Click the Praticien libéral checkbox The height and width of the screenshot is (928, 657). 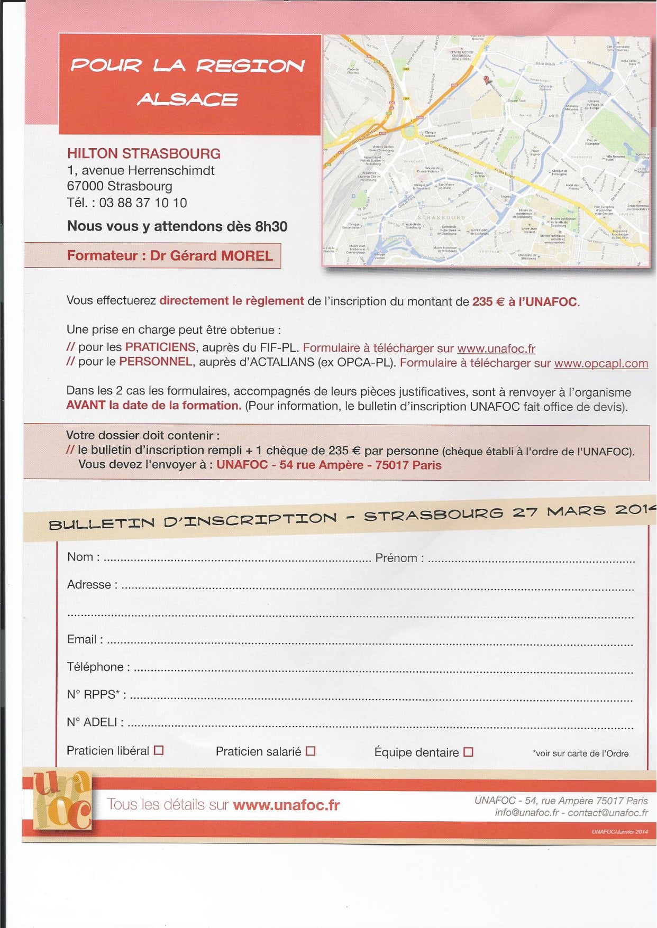159,750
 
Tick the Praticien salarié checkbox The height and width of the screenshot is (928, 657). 311,751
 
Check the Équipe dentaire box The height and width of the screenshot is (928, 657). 468,752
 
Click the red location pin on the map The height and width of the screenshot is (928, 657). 487,80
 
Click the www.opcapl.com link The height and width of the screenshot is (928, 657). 601,363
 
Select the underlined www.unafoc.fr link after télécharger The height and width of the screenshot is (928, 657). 496,348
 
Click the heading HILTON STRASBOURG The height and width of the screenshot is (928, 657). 144,153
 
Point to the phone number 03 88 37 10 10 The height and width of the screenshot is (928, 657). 143,203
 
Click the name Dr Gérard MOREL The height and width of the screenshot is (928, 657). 211,256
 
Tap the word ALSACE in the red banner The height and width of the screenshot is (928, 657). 188,99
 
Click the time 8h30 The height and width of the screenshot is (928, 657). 271,226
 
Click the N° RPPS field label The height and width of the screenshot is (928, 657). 96,694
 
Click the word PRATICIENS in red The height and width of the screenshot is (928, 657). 160,347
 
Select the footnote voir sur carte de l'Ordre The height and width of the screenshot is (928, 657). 581,754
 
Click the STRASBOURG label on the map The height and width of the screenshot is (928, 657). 441,218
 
